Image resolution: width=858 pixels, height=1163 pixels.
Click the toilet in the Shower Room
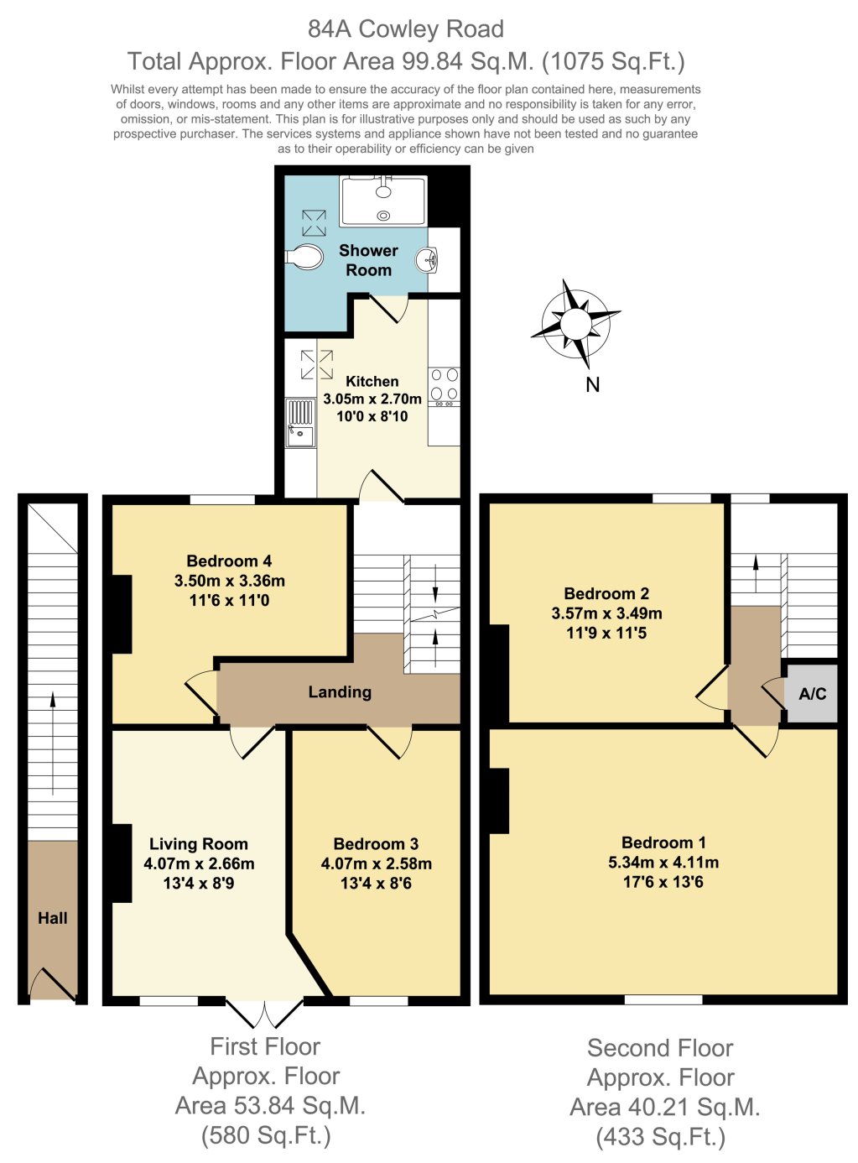[x=305, y=256]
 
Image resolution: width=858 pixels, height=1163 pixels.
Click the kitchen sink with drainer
[x=299, y=423]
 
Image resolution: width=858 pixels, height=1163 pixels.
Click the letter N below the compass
[x=593, y=384]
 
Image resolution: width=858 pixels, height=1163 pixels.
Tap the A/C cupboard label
[x=812, y=694]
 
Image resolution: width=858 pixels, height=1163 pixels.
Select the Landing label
[x=340, y=692]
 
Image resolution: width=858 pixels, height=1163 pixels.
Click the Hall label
[x=53, y=918]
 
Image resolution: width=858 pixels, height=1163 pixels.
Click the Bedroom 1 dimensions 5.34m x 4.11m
[x=663, y=862]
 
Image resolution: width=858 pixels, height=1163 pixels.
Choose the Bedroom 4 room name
[x=229, y=561]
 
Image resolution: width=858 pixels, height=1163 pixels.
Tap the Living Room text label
[x=199, y=844]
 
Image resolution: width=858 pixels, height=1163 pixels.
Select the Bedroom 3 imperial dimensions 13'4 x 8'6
[x=377, y=883]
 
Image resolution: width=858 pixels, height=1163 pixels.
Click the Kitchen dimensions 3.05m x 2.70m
[x=372, y=399]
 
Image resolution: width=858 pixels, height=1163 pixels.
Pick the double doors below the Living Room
[x=264, y=1013]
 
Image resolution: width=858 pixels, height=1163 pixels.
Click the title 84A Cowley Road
[x=406, y=29]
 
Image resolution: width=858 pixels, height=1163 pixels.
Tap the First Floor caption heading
[x=265, y=1046]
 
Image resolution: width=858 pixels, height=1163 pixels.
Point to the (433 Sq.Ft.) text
[x=661, y=1137]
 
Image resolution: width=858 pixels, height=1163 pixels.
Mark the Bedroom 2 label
[x=606, y=593]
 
